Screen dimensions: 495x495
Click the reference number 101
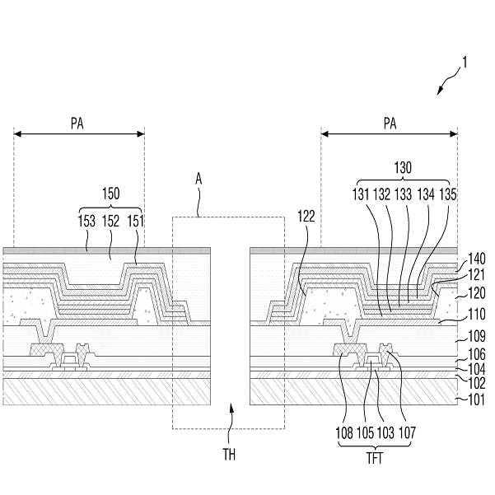tap(470, 399)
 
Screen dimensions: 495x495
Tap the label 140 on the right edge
tap(470, 256)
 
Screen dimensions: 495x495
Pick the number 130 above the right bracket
tap(404, 166)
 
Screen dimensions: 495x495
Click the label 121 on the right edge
tap(470, 275)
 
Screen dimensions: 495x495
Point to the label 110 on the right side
tap(470, 315)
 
